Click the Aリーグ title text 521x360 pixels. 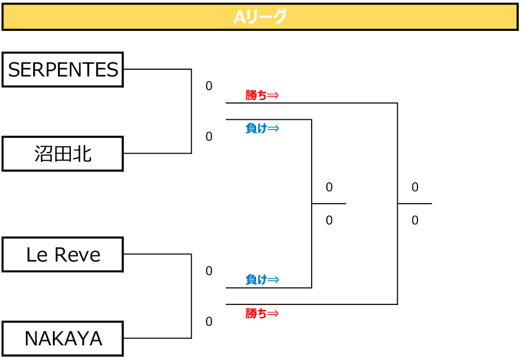pyautogui.click(x=260, y=17)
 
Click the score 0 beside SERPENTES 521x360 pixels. pyautogui.click(x=209, y=86)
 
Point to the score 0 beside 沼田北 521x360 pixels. pyautogui.click(x=209, y=137)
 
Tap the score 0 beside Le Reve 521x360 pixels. pyautogui.click(x=209, y=271)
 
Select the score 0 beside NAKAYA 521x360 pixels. pyautogui.click(x=209, y=322)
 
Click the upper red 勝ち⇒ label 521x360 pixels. pyautogui.click(x=262, y=95)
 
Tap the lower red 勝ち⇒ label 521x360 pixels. pyautogui.click(x=262, y=313)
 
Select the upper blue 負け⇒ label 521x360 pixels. pyautogui.click(x=262, y=128)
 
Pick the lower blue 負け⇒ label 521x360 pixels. pyautogui.click(x=262, y=280)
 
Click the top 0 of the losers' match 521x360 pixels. pyautogui.click(x=329, y=187)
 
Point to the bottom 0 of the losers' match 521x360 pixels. pyautogui.click(x=329, y=220)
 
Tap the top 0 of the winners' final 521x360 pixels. pyautogui.click(x=415, y=187)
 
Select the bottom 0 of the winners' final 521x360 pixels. pyautogui.click(x=415, y=220)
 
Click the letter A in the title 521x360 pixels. pyautogui.click(x=240, y=17)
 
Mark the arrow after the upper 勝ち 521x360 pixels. pyautogui.click(x=273, y=96)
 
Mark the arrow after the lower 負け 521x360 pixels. pyautogui.click(x=273, y=280)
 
